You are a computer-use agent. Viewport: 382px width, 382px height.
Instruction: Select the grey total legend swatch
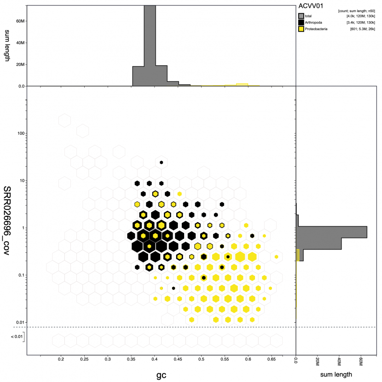click(301, 16)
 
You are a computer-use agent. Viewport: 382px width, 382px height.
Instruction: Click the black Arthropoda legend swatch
click(301, 23)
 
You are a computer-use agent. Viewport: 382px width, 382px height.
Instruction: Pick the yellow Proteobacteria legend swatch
click(301, 29)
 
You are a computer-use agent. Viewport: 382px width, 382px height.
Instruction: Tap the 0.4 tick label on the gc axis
click(155, 359)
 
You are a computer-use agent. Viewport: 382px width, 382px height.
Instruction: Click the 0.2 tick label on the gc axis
click(61, 359)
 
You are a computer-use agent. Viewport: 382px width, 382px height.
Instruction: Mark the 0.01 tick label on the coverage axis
click(18, 322)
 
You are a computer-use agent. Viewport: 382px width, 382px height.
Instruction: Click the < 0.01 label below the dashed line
click(17, 337)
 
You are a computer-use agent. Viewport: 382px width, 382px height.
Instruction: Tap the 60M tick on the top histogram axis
click(18, 21)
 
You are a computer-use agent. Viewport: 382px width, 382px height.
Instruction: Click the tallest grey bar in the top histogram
click(150, 46)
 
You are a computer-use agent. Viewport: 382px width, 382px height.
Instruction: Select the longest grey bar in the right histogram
click(331, 232)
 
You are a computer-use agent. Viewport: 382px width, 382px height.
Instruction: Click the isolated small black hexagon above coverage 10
click(162, 162)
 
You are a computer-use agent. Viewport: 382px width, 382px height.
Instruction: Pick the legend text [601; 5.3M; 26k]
click(361, 29)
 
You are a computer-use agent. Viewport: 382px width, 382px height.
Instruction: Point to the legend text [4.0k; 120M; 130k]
click(361, 16)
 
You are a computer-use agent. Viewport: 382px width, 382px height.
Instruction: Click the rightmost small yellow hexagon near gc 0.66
click(276, 256)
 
